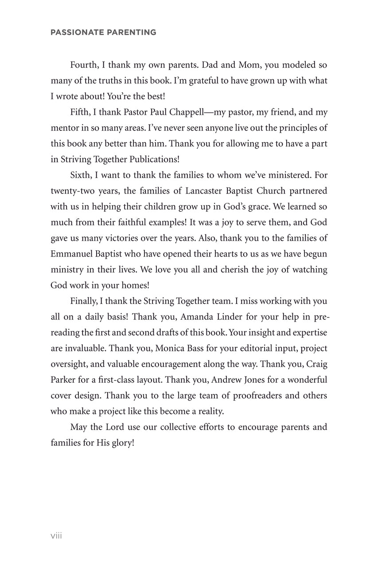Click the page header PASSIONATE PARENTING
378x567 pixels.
[x=103, y=32]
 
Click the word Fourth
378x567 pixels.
[x=84, y=65]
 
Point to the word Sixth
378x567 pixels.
[x=82, y=175]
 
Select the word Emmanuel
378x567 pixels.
[x=71, y=253]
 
